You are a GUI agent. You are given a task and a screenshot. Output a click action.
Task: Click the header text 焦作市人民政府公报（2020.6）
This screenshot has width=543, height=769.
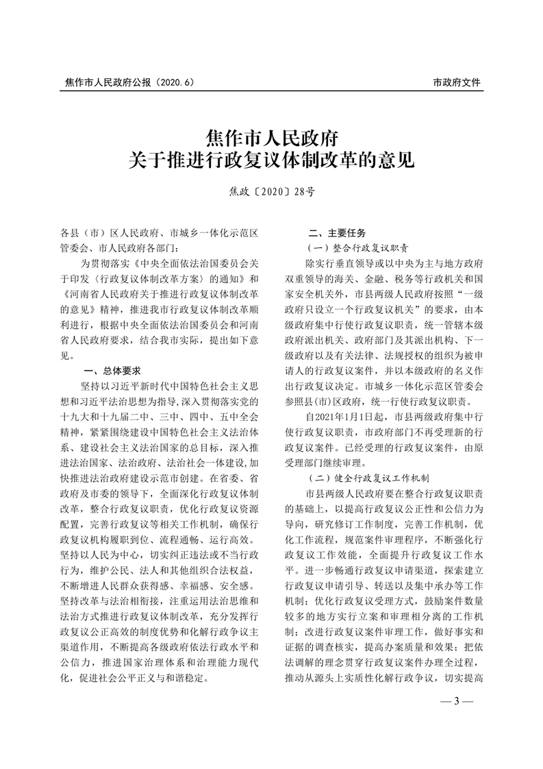(129, 82)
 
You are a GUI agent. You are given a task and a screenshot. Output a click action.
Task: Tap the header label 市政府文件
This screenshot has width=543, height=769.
(457, 82)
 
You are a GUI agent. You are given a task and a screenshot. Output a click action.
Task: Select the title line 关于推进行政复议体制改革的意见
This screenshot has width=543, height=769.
(271, 160)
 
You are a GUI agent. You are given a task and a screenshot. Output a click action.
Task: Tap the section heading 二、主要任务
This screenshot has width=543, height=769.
(338, 233)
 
